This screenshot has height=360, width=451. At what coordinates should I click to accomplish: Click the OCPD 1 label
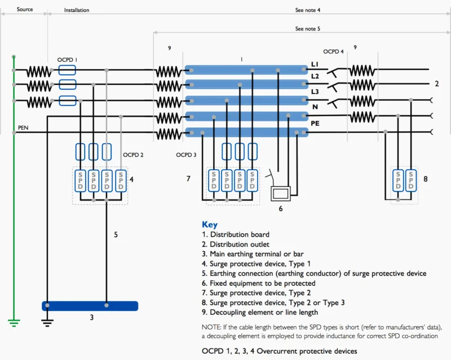point(67,59)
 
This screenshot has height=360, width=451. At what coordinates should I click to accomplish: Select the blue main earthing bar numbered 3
point(90,306)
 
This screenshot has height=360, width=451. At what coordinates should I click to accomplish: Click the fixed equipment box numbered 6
point(280,193)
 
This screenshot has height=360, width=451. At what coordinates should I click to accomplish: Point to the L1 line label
point(315,65)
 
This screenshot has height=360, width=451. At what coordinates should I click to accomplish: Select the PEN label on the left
point(23,128)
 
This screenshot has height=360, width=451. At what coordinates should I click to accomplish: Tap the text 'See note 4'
point(308,10)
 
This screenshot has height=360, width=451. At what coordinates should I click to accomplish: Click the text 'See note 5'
point(308,28)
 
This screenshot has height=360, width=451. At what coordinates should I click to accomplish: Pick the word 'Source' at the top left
point(25,10)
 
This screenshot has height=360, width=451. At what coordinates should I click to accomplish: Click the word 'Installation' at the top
point(77,10)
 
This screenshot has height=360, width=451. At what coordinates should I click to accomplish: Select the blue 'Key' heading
point(209,224)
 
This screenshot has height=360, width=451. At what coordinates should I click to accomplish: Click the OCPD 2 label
point(134,154)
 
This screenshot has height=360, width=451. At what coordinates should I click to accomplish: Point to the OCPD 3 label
point(187,154)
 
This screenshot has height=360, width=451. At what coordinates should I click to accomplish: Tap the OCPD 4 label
point(334,52)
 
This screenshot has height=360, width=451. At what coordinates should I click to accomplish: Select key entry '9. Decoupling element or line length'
point(260,312)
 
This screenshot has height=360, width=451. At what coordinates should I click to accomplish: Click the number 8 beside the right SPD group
point(426,179)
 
